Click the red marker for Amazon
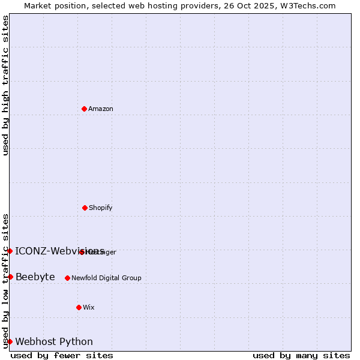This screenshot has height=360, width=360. pos(84,109)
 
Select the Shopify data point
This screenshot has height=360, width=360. pos(85,208)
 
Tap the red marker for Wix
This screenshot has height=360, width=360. pos(79,307)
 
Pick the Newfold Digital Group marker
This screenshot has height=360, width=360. pos(67,278)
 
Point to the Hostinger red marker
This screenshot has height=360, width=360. pos(82,252)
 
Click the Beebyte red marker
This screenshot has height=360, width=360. pos(10,277)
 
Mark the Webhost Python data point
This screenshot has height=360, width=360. pos(10,341)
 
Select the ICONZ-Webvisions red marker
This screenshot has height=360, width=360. pos(10,251)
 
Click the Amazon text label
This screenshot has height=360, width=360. pos(101,109)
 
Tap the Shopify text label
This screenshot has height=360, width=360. pos(101,208)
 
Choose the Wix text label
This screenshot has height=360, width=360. pos(89,307)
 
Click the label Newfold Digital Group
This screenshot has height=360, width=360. pos(106,278)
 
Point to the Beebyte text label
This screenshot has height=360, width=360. pos(35,277)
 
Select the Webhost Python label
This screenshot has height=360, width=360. pos(54,341)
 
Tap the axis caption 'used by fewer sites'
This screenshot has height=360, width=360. pos(62,355)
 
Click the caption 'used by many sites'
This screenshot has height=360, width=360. pos(301,355)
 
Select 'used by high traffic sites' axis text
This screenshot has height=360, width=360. pos(5,85)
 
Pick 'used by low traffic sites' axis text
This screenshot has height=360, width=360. pos(5,281)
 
